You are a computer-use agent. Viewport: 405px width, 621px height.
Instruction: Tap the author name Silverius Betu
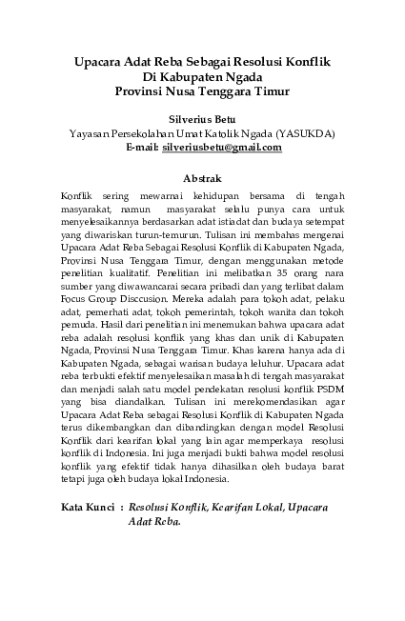(201, 121)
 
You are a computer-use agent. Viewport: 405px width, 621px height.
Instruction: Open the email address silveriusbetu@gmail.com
(222, 148)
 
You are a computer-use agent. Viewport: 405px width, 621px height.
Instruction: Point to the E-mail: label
(140, 148)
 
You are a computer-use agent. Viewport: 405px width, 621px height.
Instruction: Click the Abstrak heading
(201, 178)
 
